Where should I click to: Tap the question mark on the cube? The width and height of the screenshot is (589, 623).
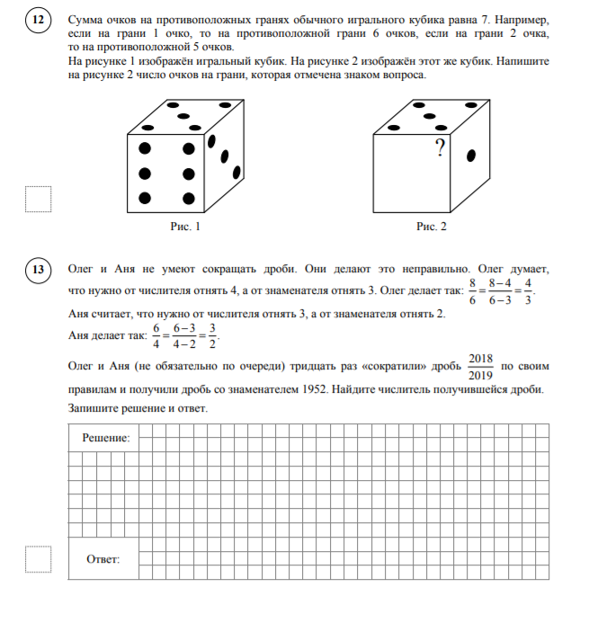point(440,147)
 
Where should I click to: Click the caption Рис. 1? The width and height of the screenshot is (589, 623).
point(184,228)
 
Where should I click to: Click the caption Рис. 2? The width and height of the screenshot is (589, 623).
point(432,228)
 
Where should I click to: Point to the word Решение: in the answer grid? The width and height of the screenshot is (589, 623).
point(106,439)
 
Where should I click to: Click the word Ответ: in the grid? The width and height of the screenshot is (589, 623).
point(103,559)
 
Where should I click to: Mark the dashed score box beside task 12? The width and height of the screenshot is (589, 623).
point(38,199)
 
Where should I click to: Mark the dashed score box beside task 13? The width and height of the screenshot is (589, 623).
point(38,559)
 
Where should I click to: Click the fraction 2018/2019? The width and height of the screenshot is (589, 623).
point(480,366)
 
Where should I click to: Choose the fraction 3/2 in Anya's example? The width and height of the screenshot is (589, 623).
point(212,334)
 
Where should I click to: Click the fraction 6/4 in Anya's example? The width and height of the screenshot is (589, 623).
point(156,334)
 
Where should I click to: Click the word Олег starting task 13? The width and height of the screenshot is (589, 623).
point(83,269)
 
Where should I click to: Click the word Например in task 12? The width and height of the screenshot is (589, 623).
point(513,17)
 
